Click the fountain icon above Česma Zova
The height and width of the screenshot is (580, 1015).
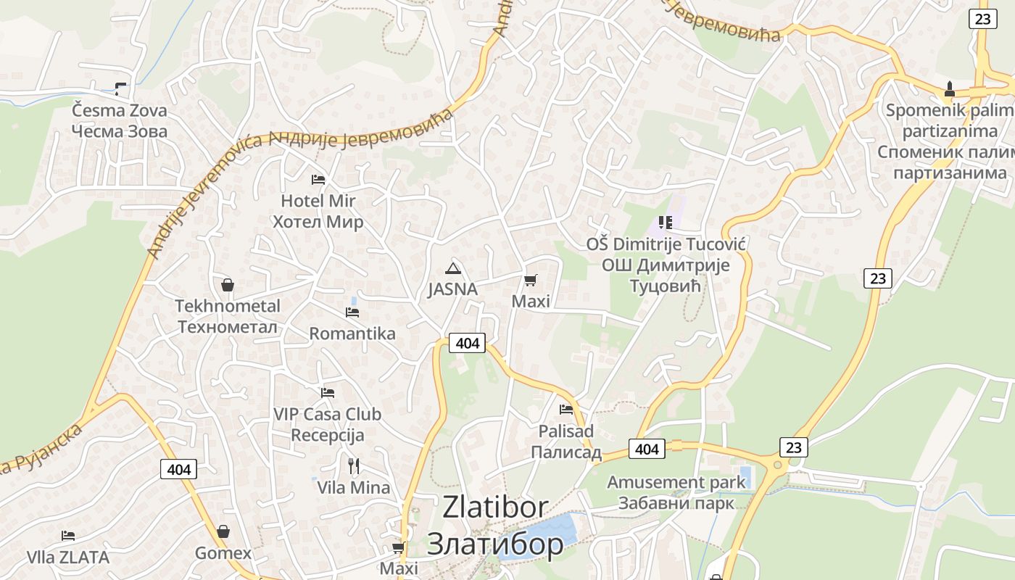120,89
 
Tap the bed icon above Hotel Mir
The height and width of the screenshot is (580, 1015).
318,179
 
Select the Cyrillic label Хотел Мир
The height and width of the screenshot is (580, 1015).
318,221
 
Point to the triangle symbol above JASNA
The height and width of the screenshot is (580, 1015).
453,268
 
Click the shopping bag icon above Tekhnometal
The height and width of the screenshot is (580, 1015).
228,285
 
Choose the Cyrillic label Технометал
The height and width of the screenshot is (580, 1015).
228,327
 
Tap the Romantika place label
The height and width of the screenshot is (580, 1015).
352,333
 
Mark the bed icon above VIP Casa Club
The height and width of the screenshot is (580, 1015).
328,393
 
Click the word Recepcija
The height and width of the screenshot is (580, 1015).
328,436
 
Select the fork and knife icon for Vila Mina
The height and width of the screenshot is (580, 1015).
354,465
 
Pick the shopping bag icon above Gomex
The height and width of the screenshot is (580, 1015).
223,532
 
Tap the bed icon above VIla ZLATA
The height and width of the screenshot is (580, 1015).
68,536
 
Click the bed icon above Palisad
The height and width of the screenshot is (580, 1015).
566,410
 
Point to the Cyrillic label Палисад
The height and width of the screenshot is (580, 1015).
566,453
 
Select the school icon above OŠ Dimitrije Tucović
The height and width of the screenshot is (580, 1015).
666,223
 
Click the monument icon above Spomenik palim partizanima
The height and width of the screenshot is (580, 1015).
950,89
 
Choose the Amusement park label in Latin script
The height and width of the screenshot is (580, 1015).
676,482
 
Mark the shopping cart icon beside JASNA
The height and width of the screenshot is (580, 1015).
531,280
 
